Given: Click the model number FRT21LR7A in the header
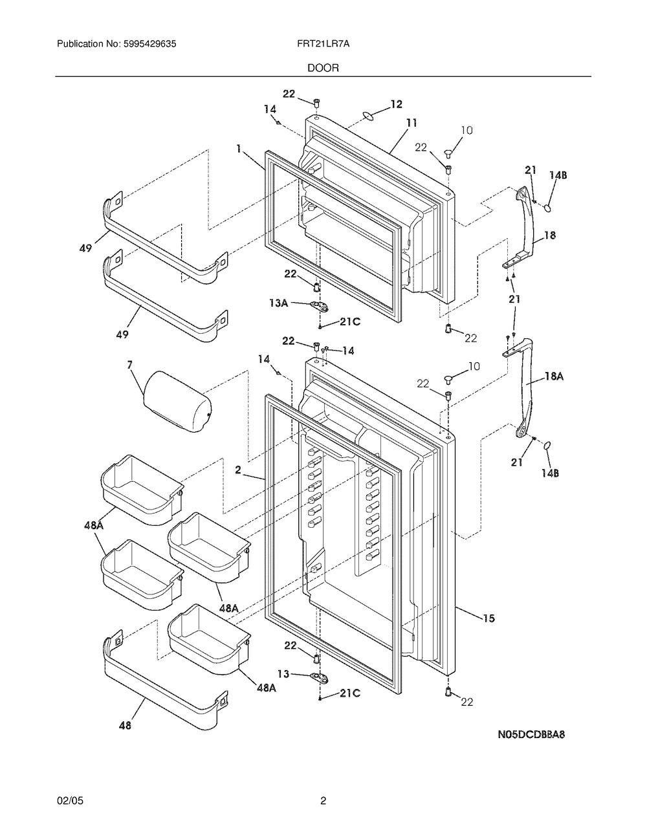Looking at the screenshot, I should pyautogui.click(x=324, y=44).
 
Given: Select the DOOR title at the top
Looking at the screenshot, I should pyautogui.click(x=323, y=67).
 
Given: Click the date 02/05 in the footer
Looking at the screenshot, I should pyautogui.click(x=71, y=801).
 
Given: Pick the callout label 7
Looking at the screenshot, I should pyautogui.click(x=131, y=365).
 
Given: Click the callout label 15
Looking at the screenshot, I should pyautogui.click(x=488, y=619).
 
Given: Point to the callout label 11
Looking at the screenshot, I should pyautogui.click(x=411, y=122).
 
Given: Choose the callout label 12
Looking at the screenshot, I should pyautogui.click(x=396, y=103).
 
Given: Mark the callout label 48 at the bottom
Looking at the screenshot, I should pyautogui.click(x=124, y=726).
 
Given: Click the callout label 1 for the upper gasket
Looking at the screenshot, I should pyautogui.click(x=239, y=149).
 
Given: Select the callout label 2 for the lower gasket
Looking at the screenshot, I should pyautogui.click(x=239, y=471).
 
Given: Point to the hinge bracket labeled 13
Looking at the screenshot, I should pyautogui.click(x=318, y=677).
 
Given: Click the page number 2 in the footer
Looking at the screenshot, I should pyautogui.click(x=323, y=801).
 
